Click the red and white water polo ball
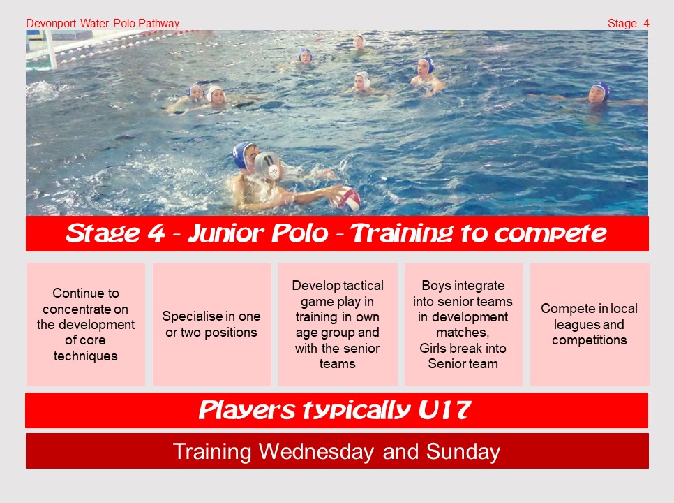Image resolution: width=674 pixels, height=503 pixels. pyautogui.click(x=345, y=199)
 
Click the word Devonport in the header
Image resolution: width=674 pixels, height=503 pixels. pyautogui.click(x=51, y=23)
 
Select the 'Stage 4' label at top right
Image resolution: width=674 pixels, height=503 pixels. pyautogui.click(x=628, y=23)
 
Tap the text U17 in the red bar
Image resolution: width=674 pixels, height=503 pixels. pyautogui.click(x=444, y=409)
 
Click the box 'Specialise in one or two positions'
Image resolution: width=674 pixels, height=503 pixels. pyautogui.click(x=212, y=324)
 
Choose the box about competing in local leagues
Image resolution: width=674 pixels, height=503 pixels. pyautogui.click(x=590, y=324)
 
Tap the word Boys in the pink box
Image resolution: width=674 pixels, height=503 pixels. pyautogui.click(x=436, y=286)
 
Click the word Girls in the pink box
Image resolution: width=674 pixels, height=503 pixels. pyautogui.click(x=434, y=348)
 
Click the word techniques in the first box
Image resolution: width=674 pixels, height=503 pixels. pyautogui.click(x=86, y=356)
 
